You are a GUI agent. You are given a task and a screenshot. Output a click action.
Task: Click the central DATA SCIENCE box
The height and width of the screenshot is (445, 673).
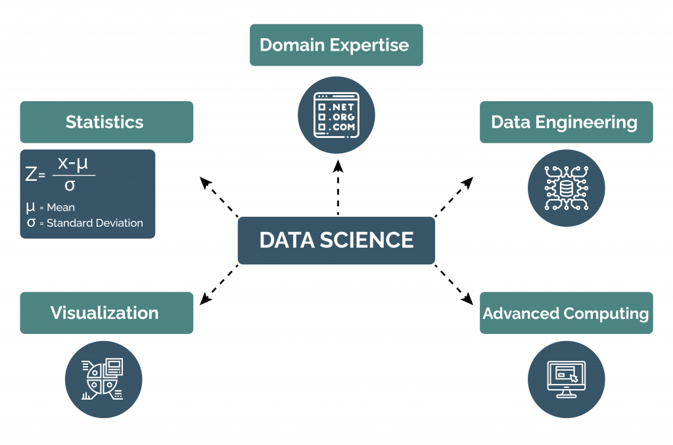click(x=336, y=240)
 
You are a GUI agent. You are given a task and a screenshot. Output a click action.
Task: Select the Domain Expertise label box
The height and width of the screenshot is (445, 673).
click(x=336, y=45)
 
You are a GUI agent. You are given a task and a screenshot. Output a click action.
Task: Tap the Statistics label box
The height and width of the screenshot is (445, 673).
click(x=106, y=122)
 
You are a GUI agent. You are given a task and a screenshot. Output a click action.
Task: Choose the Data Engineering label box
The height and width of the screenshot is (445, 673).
click(x=566, y=122)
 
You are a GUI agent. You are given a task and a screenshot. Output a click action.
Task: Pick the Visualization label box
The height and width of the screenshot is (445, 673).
click(x=106, y=313)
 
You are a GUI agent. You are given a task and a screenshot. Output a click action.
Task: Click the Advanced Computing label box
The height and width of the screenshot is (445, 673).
click(x=566, y=313)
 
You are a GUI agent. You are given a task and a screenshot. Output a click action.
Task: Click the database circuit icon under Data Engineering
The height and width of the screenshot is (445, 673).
click(x=566, y=188)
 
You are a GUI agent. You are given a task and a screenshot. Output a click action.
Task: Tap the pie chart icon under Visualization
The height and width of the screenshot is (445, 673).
click(x=103, y=379)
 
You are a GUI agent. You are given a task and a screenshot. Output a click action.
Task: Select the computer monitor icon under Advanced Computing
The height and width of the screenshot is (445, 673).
click(x=566, y=379)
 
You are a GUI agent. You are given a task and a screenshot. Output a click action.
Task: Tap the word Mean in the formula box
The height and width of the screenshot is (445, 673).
click(x=61, y=208)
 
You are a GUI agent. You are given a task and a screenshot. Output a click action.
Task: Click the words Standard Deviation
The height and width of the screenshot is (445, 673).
click(x=95, y=223)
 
